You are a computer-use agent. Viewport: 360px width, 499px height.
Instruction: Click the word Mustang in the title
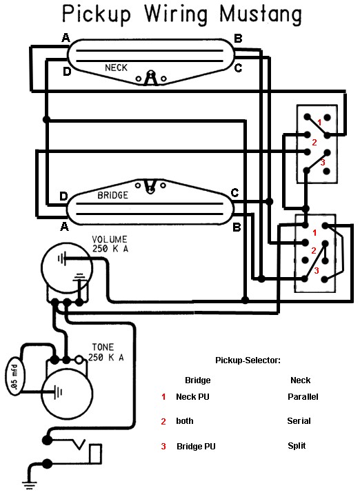coord(261,14)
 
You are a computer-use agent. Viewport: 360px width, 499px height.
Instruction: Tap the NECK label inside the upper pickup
coord(116,68)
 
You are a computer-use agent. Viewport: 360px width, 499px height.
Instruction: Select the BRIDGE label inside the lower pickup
coord(112,195)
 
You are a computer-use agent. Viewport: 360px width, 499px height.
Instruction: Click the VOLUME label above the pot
coord(110,239)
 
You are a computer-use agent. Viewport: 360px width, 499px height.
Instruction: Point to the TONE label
coord(103,347)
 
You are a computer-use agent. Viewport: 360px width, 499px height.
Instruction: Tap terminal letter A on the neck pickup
coord(66,38)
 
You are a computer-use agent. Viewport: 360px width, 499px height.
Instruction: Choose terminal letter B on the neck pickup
coord(238,39)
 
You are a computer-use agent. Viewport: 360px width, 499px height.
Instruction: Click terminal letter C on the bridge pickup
coord(234,193)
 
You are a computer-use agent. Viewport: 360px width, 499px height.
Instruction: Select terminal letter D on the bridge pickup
coord(63,196)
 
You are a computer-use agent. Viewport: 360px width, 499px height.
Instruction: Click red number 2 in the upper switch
coord(314,142)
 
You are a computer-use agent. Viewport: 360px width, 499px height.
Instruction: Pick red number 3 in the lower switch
coord(317,270)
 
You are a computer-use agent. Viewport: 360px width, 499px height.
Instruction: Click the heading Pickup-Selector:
coord(248,360)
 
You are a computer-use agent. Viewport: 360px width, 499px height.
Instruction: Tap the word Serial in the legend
coord(299,420)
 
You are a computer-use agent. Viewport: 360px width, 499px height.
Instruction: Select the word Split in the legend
coord(297,445)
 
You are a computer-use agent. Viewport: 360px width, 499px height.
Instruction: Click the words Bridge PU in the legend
coord(196,446)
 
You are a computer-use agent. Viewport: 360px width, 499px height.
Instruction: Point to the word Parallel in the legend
coord(303,396)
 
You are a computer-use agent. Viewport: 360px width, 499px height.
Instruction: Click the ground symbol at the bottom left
coord(29,485)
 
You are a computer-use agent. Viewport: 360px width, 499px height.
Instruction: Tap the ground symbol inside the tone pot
coord(58,392)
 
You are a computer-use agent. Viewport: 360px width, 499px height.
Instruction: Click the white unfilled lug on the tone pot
coord(79,360)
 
